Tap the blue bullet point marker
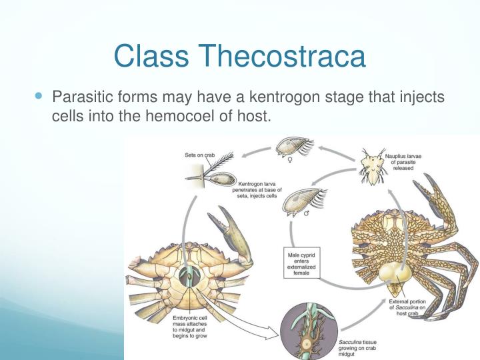(37, 97)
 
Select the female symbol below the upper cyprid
(289, 161)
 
